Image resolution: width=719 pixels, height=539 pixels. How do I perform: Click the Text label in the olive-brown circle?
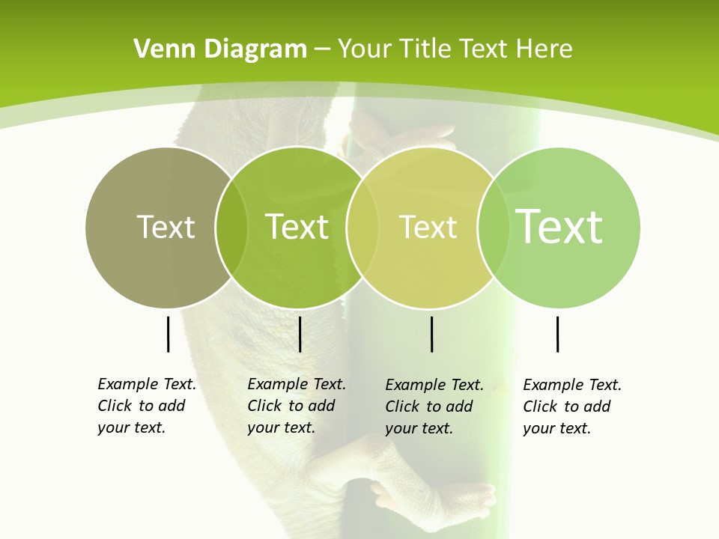[166, 227]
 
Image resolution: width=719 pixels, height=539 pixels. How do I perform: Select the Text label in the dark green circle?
[297, 227]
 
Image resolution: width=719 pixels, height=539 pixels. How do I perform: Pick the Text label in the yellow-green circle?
[428, 227]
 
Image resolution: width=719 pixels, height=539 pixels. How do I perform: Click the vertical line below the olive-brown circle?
[169, 334]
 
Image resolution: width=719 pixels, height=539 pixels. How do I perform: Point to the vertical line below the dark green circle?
[300, 334]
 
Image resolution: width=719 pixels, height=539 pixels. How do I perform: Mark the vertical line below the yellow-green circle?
[432, 334]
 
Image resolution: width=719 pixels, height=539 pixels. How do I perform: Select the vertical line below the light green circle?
[557, 334]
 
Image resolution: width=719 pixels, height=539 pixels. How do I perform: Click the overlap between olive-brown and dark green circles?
[231, 227]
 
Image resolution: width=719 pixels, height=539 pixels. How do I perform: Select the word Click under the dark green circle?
[264, 406]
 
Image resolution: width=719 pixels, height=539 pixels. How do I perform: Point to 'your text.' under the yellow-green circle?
[419, 428]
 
